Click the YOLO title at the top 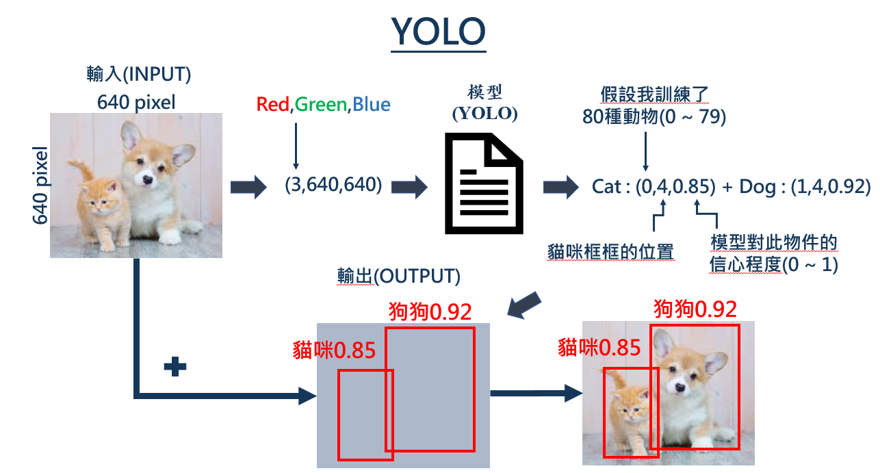(x=438, y=30)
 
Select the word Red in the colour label (x=274, y=105)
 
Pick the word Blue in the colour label (x=372, y=105)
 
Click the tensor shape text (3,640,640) (x=333, y=185)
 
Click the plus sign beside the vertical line (x=175, y=368)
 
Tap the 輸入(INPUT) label (x=138, y=74)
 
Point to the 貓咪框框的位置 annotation (x=611, y=252)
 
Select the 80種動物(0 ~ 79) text (x=654, y=117)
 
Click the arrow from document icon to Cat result (x=559, y=187)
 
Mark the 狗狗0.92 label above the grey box (x=430, y=311)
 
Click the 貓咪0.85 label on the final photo (x=599, y=348)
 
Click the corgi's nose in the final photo (x=679, y=387)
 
